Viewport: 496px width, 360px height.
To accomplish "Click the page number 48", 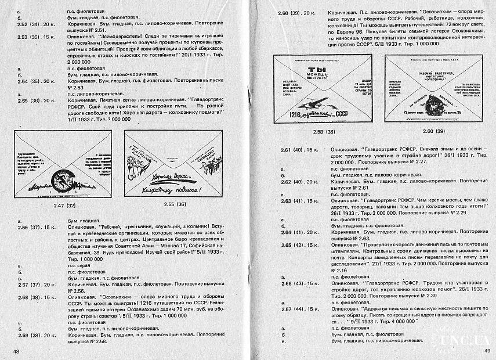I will point(16,351).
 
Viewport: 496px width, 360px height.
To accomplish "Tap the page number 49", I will point(486,350).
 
